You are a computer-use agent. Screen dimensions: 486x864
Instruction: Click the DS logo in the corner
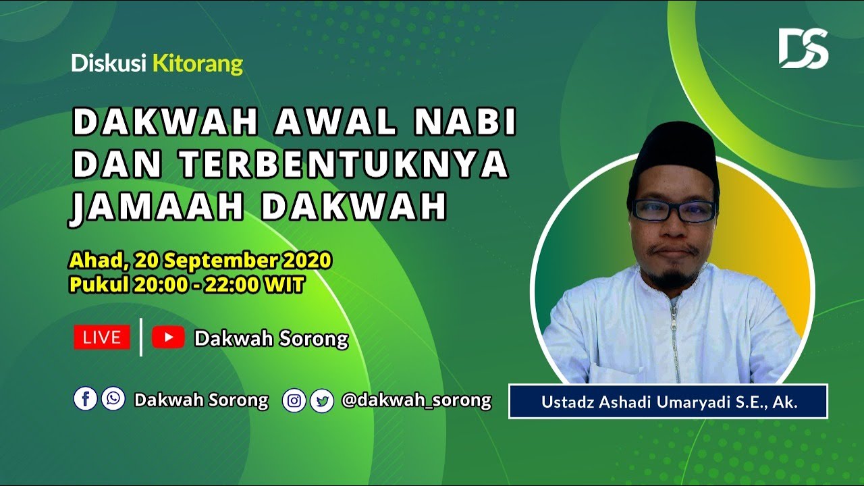(x=803, y=48)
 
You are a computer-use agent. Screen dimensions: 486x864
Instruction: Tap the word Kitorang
(x=198, y=64)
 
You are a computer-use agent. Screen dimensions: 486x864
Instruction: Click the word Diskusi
(x=109, y=64)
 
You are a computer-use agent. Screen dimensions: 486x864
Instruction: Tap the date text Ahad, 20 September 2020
(x=200, y=260)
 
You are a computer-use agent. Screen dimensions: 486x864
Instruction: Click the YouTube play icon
(x=168, y=337)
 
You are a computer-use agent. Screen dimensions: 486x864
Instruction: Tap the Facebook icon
(x=86, y=399)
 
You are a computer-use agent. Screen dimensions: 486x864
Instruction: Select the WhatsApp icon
(x=113, y=399)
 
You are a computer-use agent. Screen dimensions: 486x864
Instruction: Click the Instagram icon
(x=294, y=400)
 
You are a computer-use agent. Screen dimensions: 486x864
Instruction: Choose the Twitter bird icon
(x=323, y=401)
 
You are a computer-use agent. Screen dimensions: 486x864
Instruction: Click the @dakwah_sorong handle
(x=416, y=400)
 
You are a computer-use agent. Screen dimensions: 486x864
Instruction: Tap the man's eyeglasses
(x=673, y=211)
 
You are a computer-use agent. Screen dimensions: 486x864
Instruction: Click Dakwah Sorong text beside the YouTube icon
(x=271, y=338)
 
